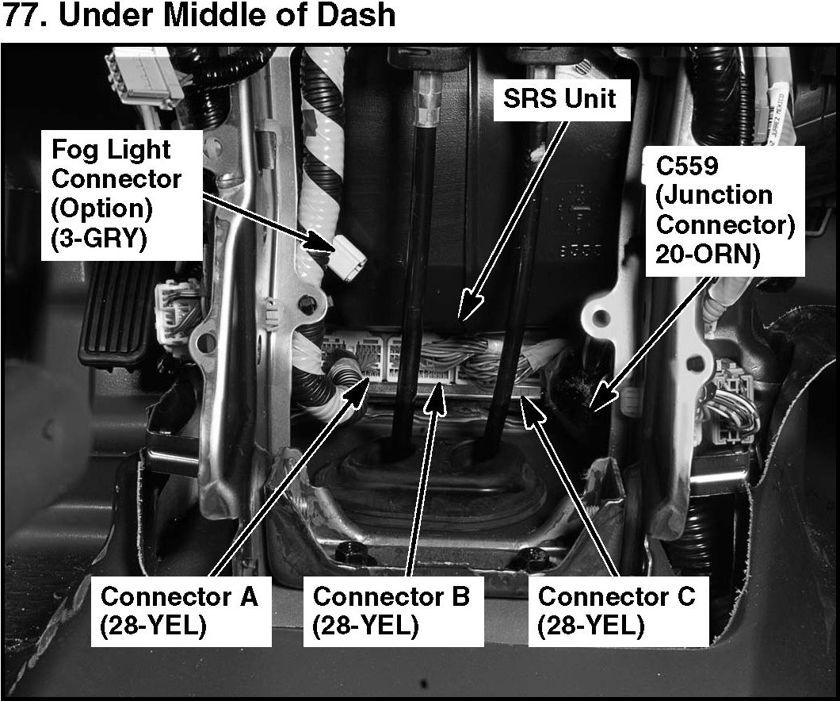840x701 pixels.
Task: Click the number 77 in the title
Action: point(23,15)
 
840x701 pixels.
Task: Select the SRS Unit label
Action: point(560,99)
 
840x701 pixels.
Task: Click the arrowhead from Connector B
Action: point(435,390)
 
